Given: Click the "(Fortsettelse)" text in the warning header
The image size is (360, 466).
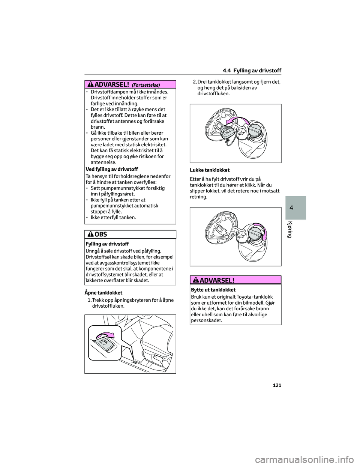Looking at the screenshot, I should (146, 85).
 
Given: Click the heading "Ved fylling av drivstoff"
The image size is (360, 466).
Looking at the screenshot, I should (112, 169).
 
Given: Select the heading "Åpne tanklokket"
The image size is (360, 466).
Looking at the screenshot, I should (104, 293).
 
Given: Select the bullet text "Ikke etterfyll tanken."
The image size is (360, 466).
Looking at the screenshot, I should (113, 218).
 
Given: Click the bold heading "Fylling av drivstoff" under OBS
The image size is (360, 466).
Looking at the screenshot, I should (107, 244).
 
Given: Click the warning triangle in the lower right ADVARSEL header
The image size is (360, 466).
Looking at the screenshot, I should (196, 280).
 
